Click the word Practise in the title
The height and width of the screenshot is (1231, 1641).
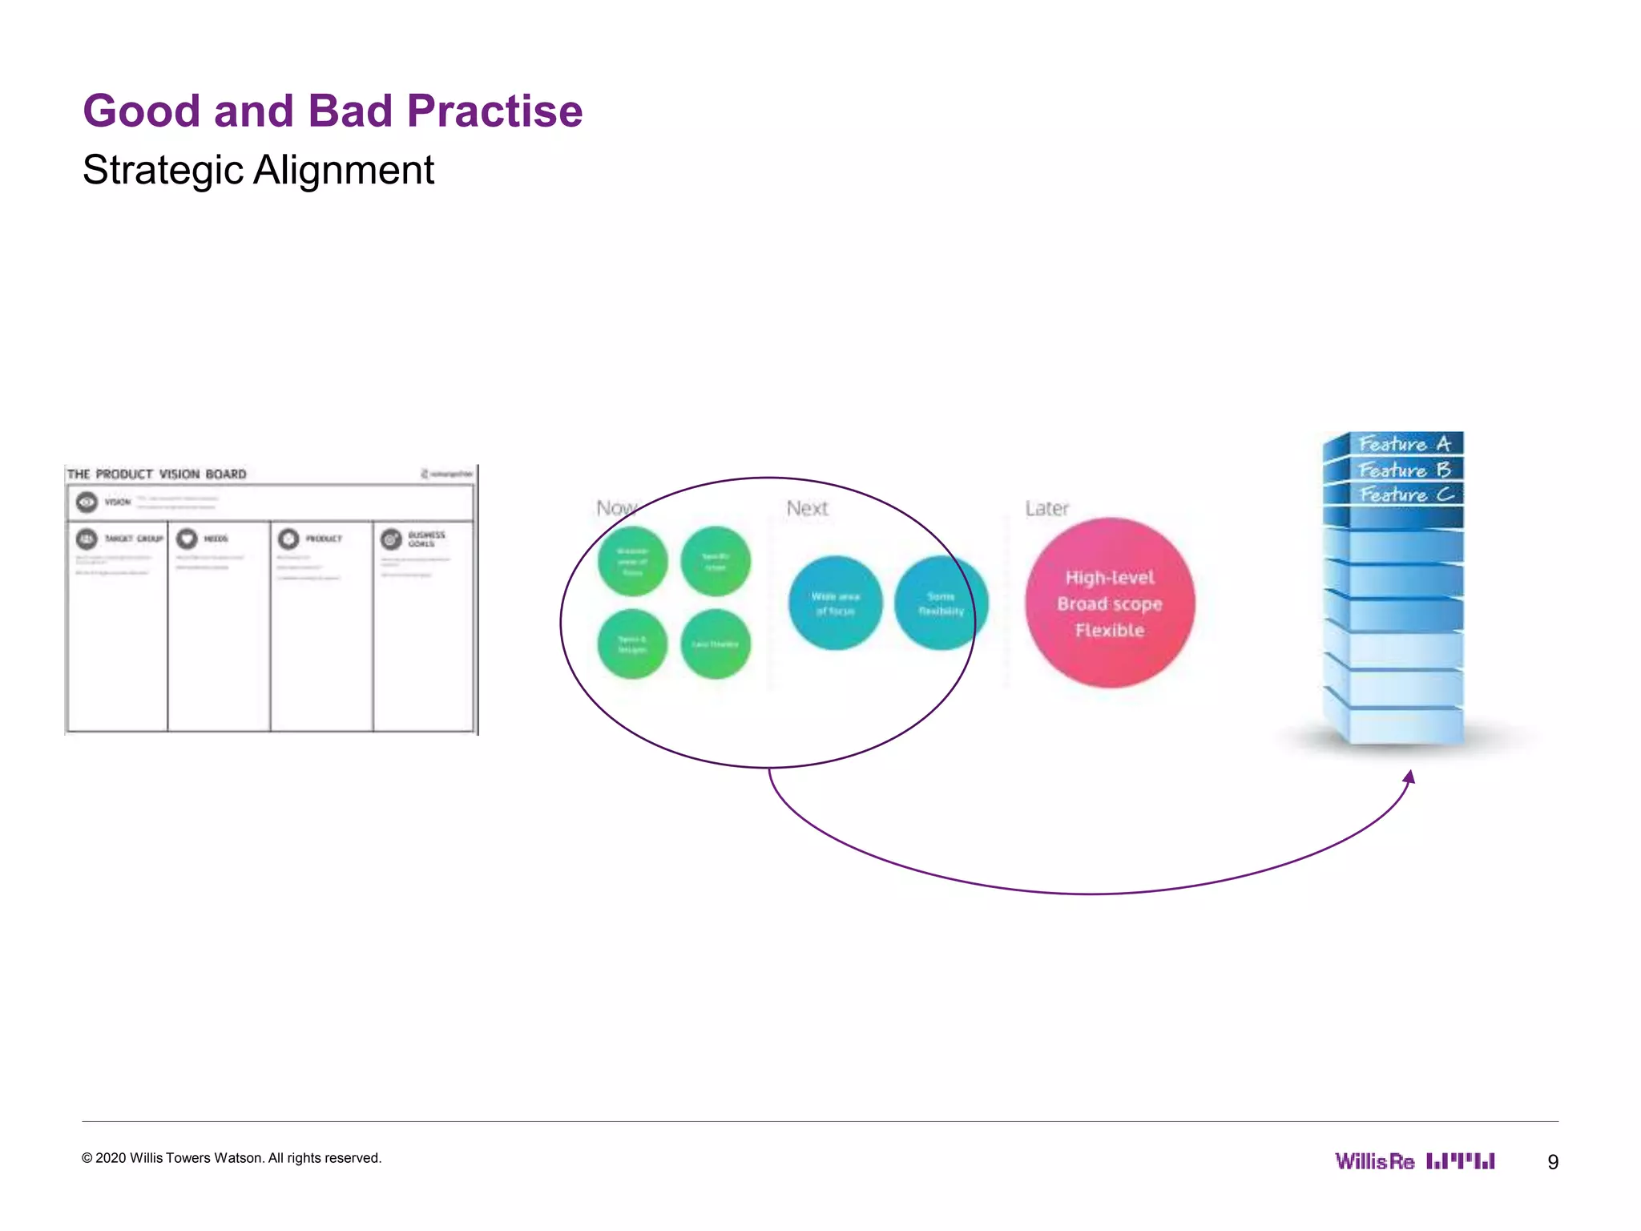pos(494,111)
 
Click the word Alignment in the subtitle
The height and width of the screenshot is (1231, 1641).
pos(344,170)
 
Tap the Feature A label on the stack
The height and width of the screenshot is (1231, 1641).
pos(1405,444)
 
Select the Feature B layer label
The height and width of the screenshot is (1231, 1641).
pos(1405,470)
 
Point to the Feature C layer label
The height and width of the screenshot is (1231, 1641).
pos(1405,494)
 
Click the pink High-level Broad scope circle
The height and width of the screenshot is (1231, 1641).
pos(1110,603)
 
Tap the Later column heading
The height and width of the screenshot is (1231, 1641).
pos(1046,509)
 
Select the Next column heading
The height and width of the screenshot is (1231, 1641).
pos(807,509)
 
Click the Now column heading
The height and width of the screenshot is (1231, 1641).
pos(616,508)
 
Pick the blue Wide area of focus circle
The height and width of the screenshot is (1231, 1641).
pos(835,603)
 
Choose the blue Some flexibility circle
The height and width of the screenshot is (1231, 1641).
pos(941,603)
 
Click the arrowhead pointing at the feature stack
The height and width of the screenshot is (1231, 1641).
pos(1410,777)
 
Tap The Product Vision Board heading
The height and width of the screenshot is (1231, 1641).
pos(157,474)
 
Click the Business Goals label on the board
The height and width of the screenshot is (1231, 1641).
pos(425,539)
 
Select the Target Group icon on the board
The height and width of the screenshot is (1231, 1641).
pos(87,539)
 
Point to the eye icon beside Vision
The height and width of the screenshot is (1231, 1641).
pos(87,502)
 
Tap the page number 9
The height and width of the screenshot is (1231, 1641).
pos(1553,1162)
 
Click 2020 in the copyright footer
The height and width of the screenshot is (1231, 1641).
pos(111,1158)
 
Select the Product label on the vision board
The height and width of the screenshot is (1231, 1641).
pos(324,539)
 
